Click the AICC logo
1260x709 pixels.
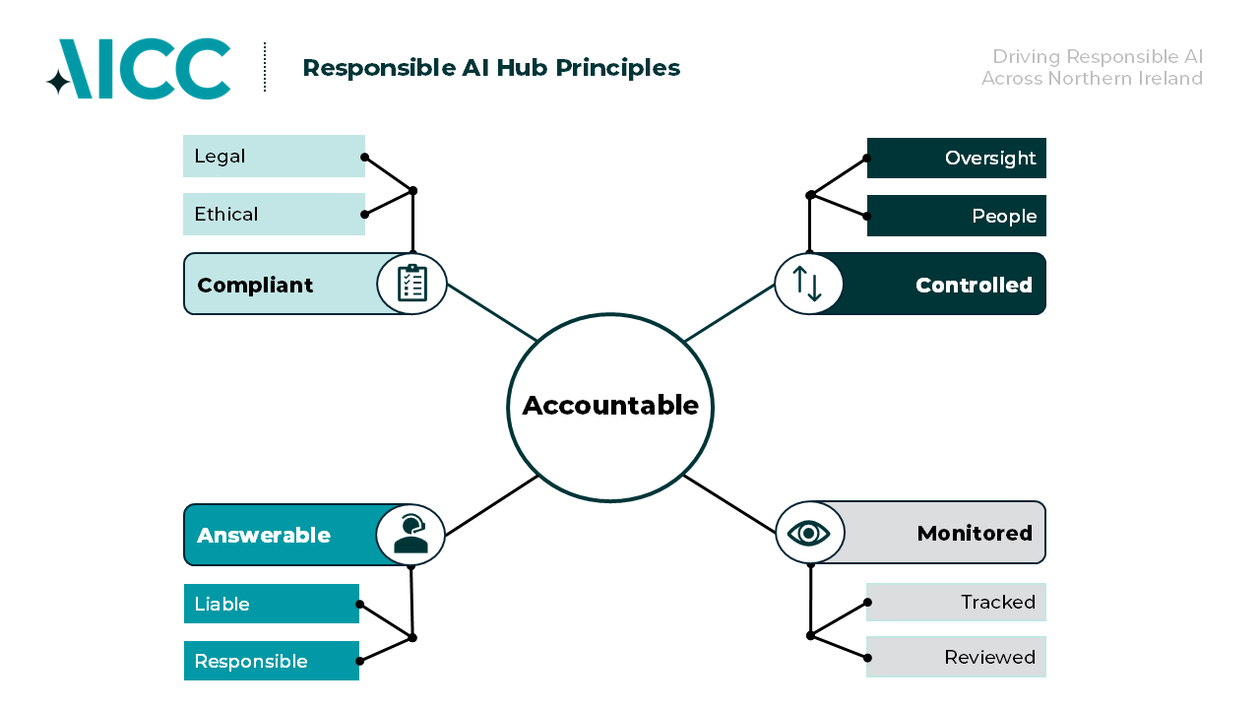(139, 69)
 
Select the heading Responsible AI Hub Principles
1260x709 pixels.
(491, 68)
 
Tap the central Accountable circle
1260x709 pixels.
(610, 407)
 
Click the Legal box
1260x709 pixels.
(274, 157)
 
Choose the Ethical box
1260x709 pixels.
(274, 215)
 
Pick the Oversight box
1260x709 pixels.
(956, 159)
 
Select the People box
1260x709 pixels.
(956, 216)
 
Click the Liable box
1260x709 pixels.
(272, 604)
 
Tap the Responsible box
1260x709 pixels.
(272, 661)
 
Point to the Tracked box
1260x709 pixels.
(956, 603)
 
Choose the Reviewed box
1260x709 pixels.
(956, 657)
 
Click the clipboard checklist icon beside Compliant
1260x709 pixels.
(412, 284)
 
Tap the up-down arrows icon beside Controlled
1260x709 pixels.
(808, 284)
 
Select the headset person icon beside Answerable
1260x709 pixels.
(410, 535)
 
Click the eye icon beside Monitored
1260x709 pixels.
(809, 533)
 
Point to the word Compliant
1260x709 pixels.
(255, 286)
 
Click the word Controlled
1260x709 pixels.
(974, 286)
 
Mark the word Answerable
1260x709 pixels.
(264, 536)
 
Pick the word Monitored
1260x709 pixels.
(975, 534)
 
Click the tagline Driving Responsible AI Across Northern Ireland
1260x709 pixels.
(1092, 68)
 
